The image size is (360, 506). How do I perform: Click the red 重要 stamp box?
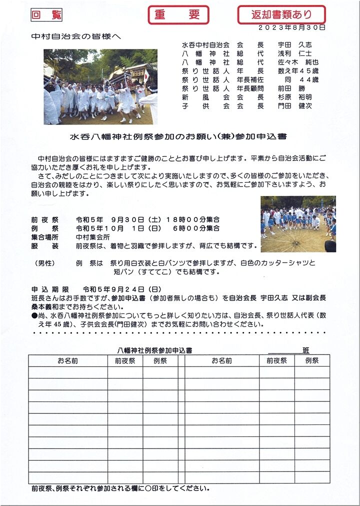[x=178, y=15]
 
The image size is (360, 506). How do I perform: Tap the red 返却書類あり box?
[x=281, y=15]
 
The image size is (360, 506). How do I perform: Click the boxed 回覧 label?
[x=46, y=15]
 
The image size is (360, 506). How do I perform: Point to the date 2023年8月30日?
[x=292, y=27]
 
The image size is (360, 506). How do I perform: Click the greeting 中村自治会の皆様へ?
[x=76, y=36]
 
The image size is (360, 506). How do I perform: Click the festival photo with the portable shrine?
[x=100, y=86]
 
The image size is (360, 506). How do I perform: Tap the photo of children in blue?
[x=298, y=224]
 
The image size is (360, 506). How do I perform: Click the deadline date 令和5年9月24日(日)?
[x=121, y=289]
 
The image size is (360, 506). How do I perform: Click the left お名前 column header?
[x=67, y=360]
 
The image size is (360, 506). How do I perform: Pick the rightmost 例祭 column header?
[x=311, y=360]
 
